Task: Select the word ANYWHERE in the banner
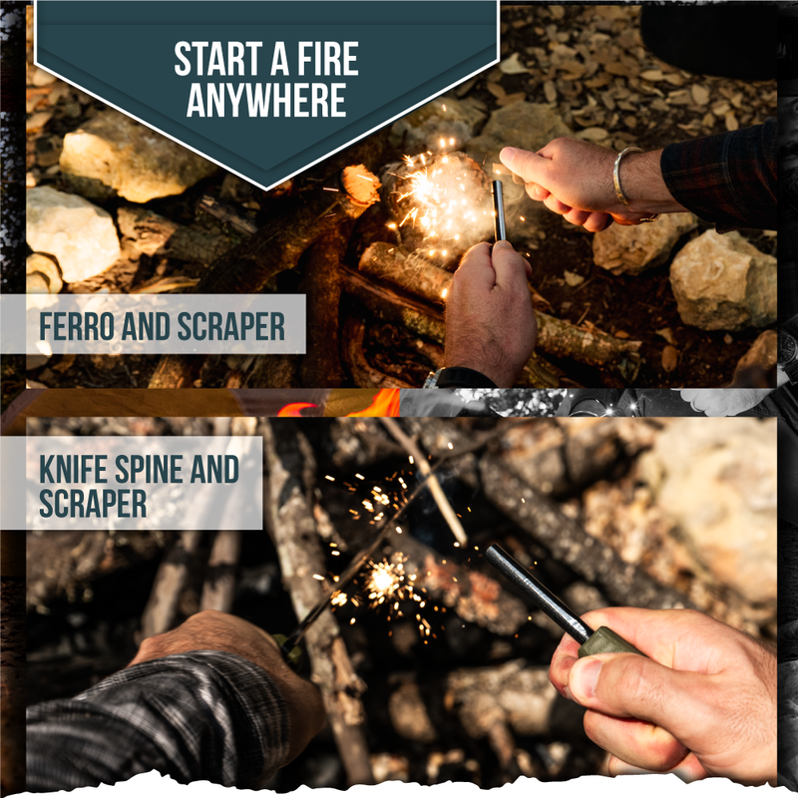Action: click(266, 101)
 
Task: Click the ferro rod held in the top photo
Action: click(498, 208)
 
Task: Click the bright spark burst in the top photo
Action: click(439, 195)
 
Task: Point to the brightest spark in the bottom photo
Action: click(382, 578)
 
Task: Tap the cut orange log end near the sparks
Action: click(360, 184)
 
